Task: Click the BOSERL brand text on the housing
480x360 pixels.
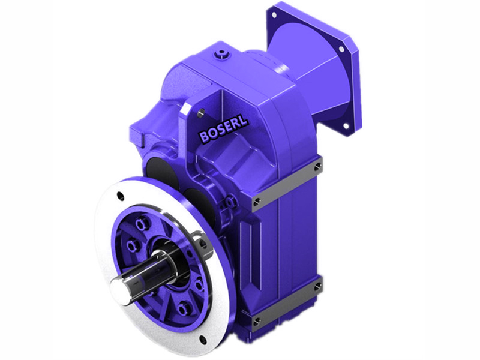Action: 223,130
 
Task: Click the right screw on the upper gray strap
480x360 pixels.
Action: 317,166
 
